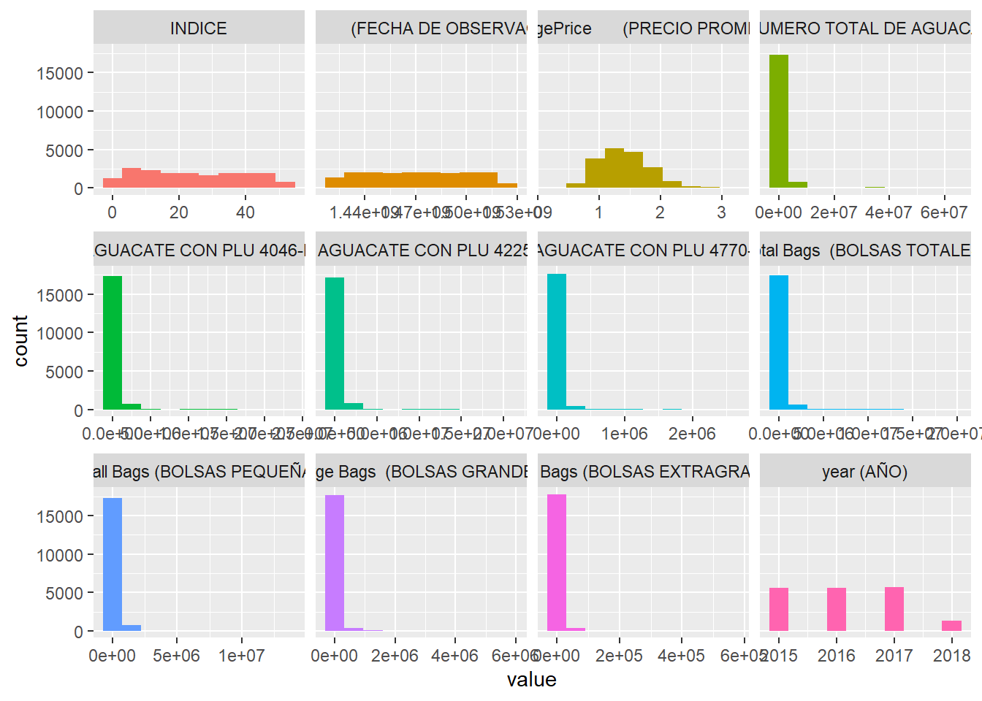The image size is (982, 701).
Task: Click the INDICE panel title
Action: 198,28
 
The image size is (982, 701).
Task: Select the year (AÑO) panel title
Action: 864,472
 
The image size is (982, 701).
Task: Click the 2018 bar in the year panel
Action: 951,626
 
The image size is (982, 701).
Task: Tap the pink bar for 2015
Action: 779,609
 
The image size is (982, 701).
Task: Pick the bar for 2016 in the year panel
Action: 837,609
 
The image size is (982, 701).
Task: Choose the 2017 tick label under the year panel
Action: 894,655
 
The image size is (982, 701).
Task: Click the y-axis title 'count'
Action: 20,340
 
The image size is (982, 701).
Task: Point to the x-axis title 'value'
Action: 531,680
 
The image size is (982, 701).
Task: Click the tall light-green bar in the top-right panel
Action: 779,121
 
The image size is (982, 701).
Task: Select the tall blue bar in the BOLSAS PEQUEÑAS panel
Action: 113,564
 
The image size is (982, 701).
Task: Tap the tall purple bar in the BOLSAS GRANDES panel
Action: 335,562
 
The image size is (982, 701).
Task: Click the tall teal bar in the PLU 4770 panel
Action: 557,341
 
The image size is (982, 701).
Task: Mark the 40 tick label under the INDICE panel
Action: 245,212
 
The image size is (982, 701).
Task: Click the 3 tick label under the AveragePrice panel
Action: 721,212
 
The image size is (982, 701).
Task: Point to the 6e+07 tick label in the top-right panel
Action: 943,212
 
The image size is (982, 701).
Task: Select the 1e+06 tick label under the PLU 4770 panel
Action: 624,434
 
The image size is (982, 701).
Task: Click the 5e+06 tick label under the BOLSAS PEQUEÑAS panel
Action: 176,655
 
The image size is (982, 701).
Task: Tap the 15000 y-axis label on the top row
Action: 60,73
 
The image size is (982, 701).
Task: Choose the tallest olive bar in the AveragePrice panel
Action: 614,168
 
